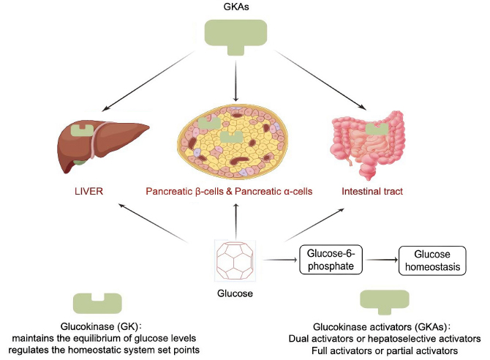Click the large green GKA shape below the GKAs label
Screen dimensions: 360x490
(x=235, y=34)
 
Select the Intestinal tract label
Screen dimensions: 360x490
(x=372, y=192)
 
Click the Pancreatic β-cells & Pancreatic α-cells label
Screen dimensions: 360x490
(x=229, y=192)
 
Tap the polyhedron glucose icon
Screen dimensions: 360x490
(x=235, y=260)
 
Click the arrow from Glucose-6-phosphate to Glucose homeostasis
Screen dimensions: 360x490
(x=380, y=260)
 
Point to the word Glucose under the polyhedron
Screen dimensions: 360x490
(x=235, y=293)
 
